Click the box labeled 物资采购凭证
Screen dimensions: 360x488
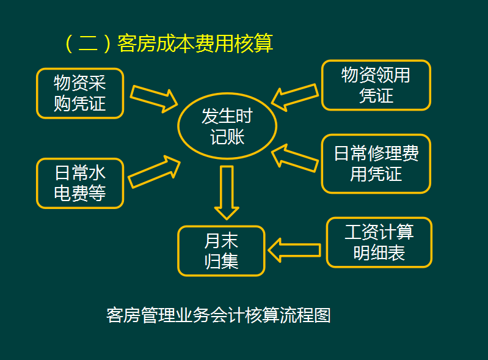[x=80, y=93]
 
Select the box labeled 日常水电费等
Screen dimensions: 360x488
[x=80, y=183]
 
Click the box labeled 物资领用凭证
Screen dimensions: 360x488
[x=376, y=85]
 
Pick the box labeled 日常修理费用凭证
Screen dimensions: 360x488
[x=376, y=163]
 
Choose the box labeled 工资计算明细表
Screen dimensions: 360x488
[x=379, y=242]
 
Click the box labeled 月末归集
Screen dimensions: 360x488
[x=221, y=251]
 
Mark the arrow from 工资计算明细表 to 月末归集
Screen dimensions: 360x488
[x=294, y=249]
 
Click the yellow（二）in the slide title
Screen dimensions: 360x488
[x=89, y=44]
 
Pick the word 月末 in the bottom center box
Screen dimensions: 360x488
[x=221, y=241]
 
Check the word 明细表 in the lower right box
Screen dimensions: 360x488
[x=379, y=252]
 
